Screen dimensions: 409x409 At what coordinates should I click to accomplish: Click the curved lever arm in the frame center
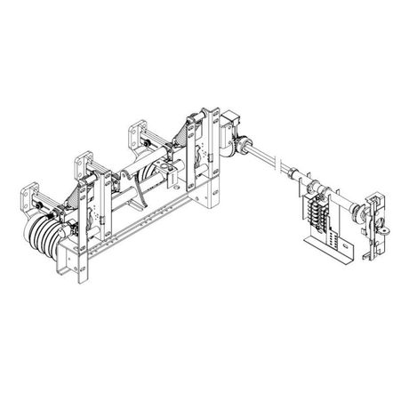click(x=132, y=188)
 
